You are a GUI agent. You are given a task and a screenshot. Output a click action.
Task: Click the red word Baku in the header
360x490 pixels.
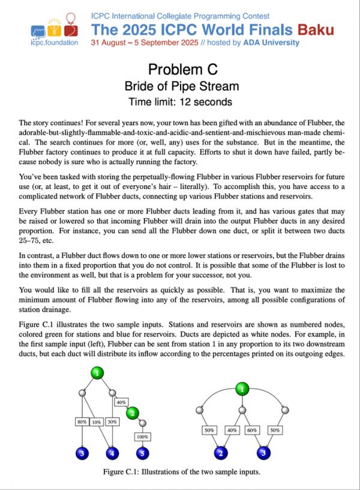(x=316, y=29)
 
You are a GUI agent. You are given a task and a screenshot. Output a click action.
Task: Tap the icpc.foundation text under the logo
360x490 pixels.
(x=53, y=43)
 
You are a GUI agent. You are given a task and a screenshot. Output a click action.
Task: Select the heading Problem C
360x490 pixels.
(x=180, y=69)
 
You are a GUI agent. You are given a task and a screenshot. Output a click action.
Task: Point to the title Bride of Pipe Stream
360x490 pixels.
(x=180, y=86)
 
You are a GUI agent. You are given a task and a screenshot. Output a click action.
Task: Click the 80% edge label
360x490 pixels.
(x=82, y=421)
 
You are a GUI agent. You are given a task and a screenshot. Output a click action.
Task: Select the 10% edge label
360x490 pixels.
(x=96, y=421)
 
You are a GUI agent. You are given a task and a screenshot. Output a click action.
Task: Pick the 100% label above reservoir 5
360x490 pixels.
(x=142, y=437)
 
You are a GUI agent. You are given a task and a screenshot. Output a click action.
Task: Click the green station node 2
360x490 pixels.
(x=133, y=413)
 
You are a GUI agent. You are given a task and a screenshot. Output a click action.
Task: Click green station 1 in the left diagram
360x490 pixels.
(x=97, y=373)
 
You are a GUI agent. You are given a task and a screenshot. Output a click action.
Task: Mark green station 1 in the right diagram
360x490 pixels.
(x=241, y=389)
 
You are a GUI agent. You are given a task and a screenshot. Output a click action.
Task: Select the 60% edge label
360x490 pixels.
(x=251, y=430)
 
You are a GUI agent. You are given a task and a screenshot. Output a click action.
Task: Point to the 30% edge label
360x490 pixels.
(x=112, y=421)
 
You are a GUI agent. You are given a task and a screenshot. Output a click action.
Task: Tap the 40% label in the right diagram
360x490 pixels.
(x=231, y=430)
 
